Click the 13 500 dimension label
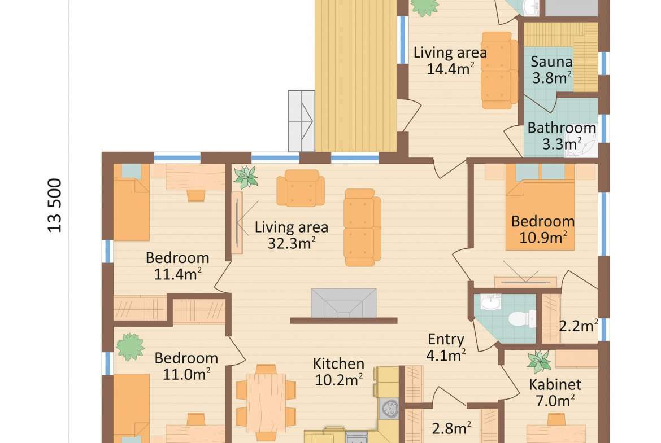[x=55, y=205]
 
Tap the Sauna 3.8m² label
[x=551, y=69]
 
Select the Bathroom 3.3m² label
[x=562, y=135]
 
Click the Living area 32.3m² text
[x=292, y=235]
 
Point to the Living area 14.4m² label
[x=450, y=60]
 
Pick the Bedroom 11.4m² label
[x=177, y=266]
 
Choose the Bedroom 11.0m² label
[x=186, y=366]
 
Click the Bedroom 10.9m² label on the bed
[x=543, y=230]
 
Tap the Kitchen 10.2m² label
[x=338, y=372]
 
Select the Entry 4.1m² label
[x=446, y=348]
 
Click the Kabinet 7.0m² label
[x=555, y=392]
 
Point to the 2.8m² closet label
[x=451, y=428]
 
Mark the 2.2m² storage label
[x=579, y=325]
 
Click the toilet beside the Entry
[x=522, y=319]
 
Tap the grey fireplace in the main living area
[x=343, y=303]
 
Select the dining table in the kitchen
[x=266, y=402]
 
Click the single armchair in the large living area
[x=301, y=188]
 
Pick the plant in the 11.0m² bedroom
[x=131, y=347]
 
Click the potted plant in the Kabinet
[x=539, y=361]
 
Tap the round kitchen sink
[x=389, y=407]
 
